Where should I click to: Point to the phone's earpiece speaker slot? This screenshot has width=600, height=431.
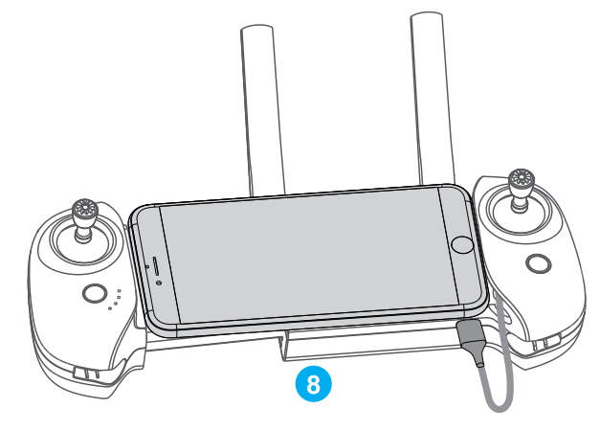[152, 267]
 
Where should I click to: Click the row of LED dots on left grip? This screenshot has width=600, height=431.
[116, 300]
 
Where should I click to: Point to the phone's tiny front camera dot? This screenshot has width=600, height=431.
[158, 283]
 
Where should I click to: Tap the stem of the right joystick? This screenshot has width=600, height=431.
[521, 198]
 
